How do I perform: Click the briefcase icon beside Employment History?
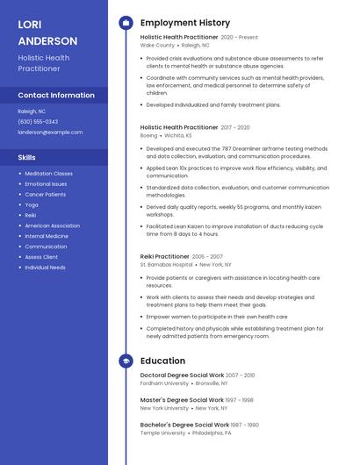126,23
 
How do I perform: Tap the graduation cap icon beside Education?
126,361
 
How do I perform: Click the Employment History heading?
184,23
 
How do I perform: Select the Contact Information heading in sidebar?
56,95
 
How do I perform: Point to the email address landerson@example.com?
50,132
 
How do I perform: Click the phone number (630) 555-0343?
38,122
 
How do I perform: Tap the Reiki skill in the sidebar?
31,215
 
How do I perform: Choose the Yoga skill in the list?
32,204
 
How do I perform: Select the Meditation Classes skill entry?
48,174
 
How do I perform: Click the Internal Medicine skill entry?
47,236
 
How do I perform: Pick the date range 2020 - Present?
240,38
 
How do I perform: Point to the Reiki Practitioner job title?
165,256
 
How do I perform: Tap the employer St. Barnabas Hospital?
166,264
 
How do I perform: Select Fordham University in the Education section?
164,383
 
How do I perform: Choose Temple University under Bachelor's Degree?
162,433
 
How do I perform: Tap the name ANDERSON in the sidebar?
47,40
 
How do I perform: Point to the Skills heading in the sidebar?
27,157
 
